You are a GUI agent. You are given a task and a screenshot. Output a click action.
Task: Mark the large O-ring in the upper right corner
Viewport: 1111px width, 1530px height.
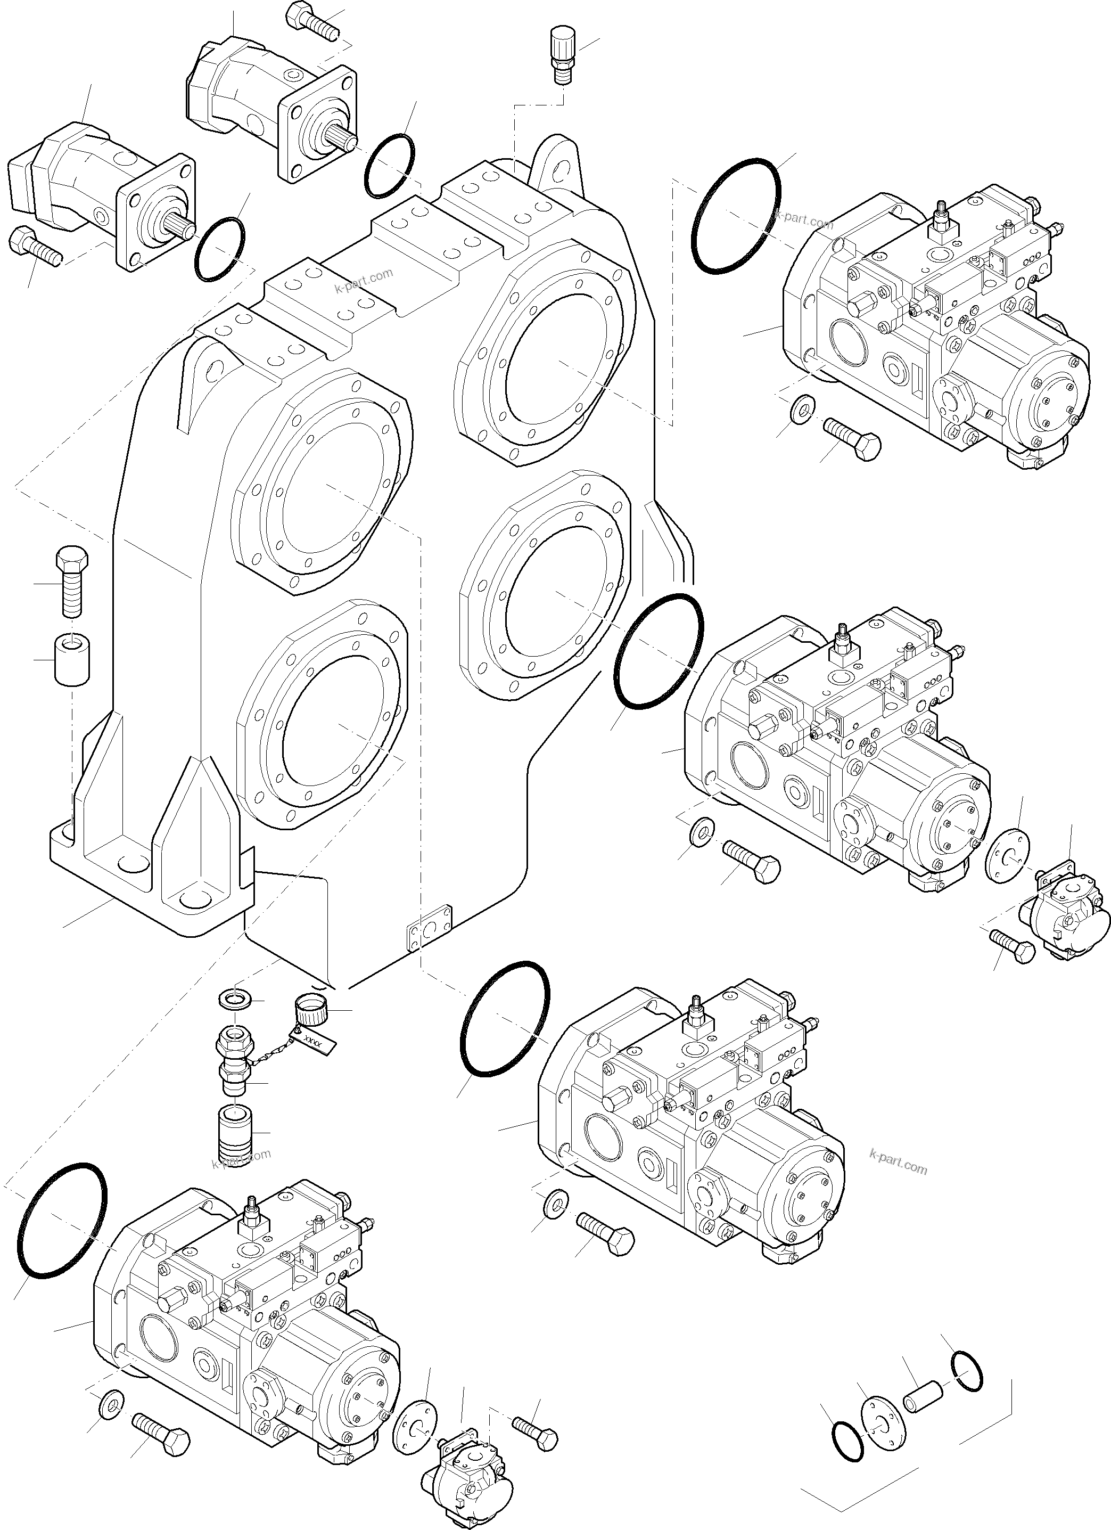point(736,216)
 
